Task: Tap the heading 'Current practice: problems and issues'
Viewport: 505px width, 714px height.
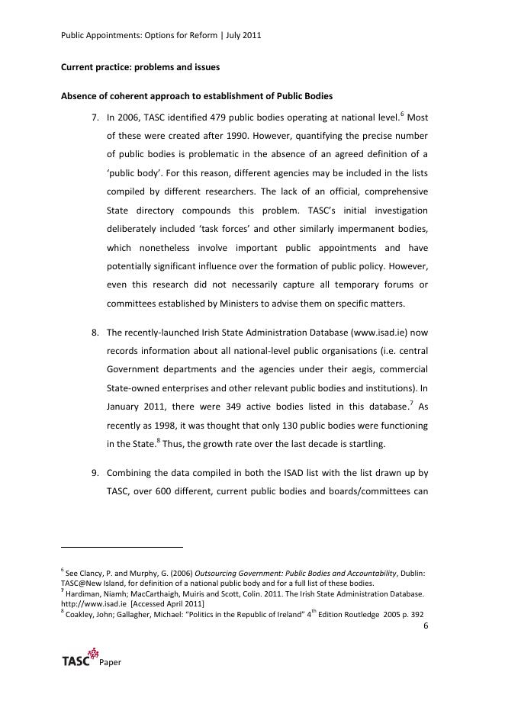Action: tap(140, 67)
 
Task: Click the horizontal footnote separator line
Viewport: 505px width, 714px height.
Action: tap(122, 547)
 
